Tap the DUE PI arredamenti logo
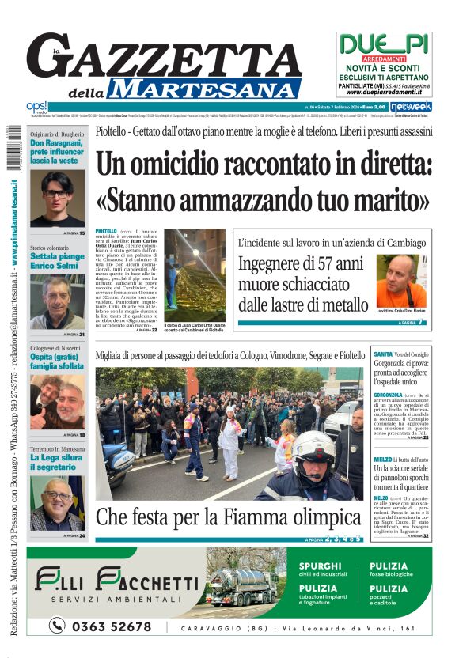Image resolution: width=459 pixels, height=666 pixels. [384, 44]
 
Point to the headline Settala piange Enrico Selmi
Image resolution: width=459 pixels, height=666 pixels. [56, 262]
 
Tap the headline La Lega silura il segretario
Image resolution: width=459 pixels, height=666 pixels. [56, 463]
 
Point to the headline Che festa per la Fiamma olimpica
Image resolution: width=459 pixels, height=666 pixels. [229, 518]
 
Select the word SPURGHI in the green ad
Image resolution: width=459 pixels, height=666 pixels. [321, 566]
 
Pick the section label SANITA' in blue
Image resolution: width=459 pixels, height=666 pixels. [383, 354]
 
